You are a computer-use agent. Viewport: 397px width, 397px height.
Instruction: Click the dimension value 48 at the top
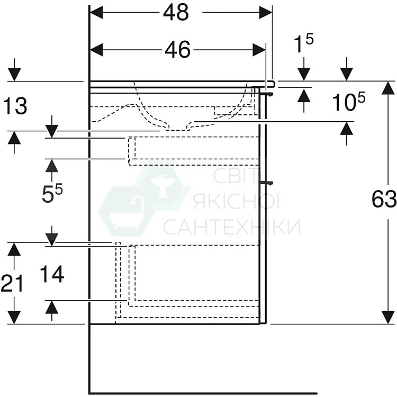coord(176,13)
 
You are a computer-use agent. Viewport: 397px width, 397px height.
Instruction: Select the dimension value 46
coord(177,50)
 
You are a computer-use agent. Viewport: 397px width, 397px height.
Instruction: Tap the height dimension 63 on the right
coord(384,200)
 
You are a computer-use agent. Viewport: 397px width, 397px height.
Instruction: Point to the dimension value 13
coord(15,107)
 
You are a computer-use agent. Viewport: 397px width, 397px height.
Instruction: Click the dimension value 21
coord(12,284)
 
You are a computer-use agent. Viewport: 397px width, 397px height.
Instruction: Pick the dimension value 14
coord(52,275)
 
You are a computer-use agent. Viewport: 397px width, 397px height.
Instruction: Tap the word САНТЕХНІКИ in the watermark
coord(232,227)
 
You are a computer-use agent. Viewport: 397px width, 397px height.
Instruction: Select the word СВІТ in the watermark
coord(234,177)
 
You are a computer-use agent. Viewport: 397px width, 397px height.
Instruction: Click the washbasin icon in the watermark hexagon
coord(165,188)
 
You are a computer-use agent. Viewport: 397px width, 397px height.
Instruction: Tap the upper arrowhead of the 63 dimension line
coord(388,88)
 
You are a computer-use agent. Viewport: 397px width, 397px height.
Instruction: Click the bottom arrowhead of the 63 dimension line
coord(388,317)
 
